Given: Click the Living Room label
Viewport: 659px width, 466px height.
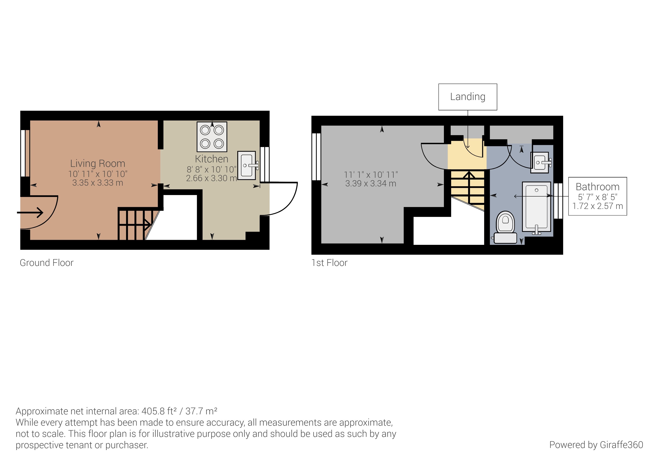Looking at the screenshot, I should coord(97,164).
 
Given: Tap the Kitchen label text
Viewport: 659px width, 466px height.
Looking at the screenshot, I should coord(212,159).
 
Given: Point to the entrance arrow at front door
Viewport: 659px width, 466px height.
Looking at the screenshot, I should coord(30,213).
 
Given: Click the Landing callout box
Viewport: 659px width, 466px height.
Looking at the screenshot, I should coord(468,97).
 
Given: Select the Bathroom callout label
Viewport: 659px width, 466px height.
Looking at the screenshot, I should coord(598,187).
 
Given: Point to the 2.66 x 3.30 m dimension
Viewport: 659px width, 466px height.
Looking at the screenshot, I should coord(212,178).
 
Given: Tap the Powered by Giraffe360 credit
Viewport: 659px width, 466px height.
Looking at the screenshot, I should coord(596,445).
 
